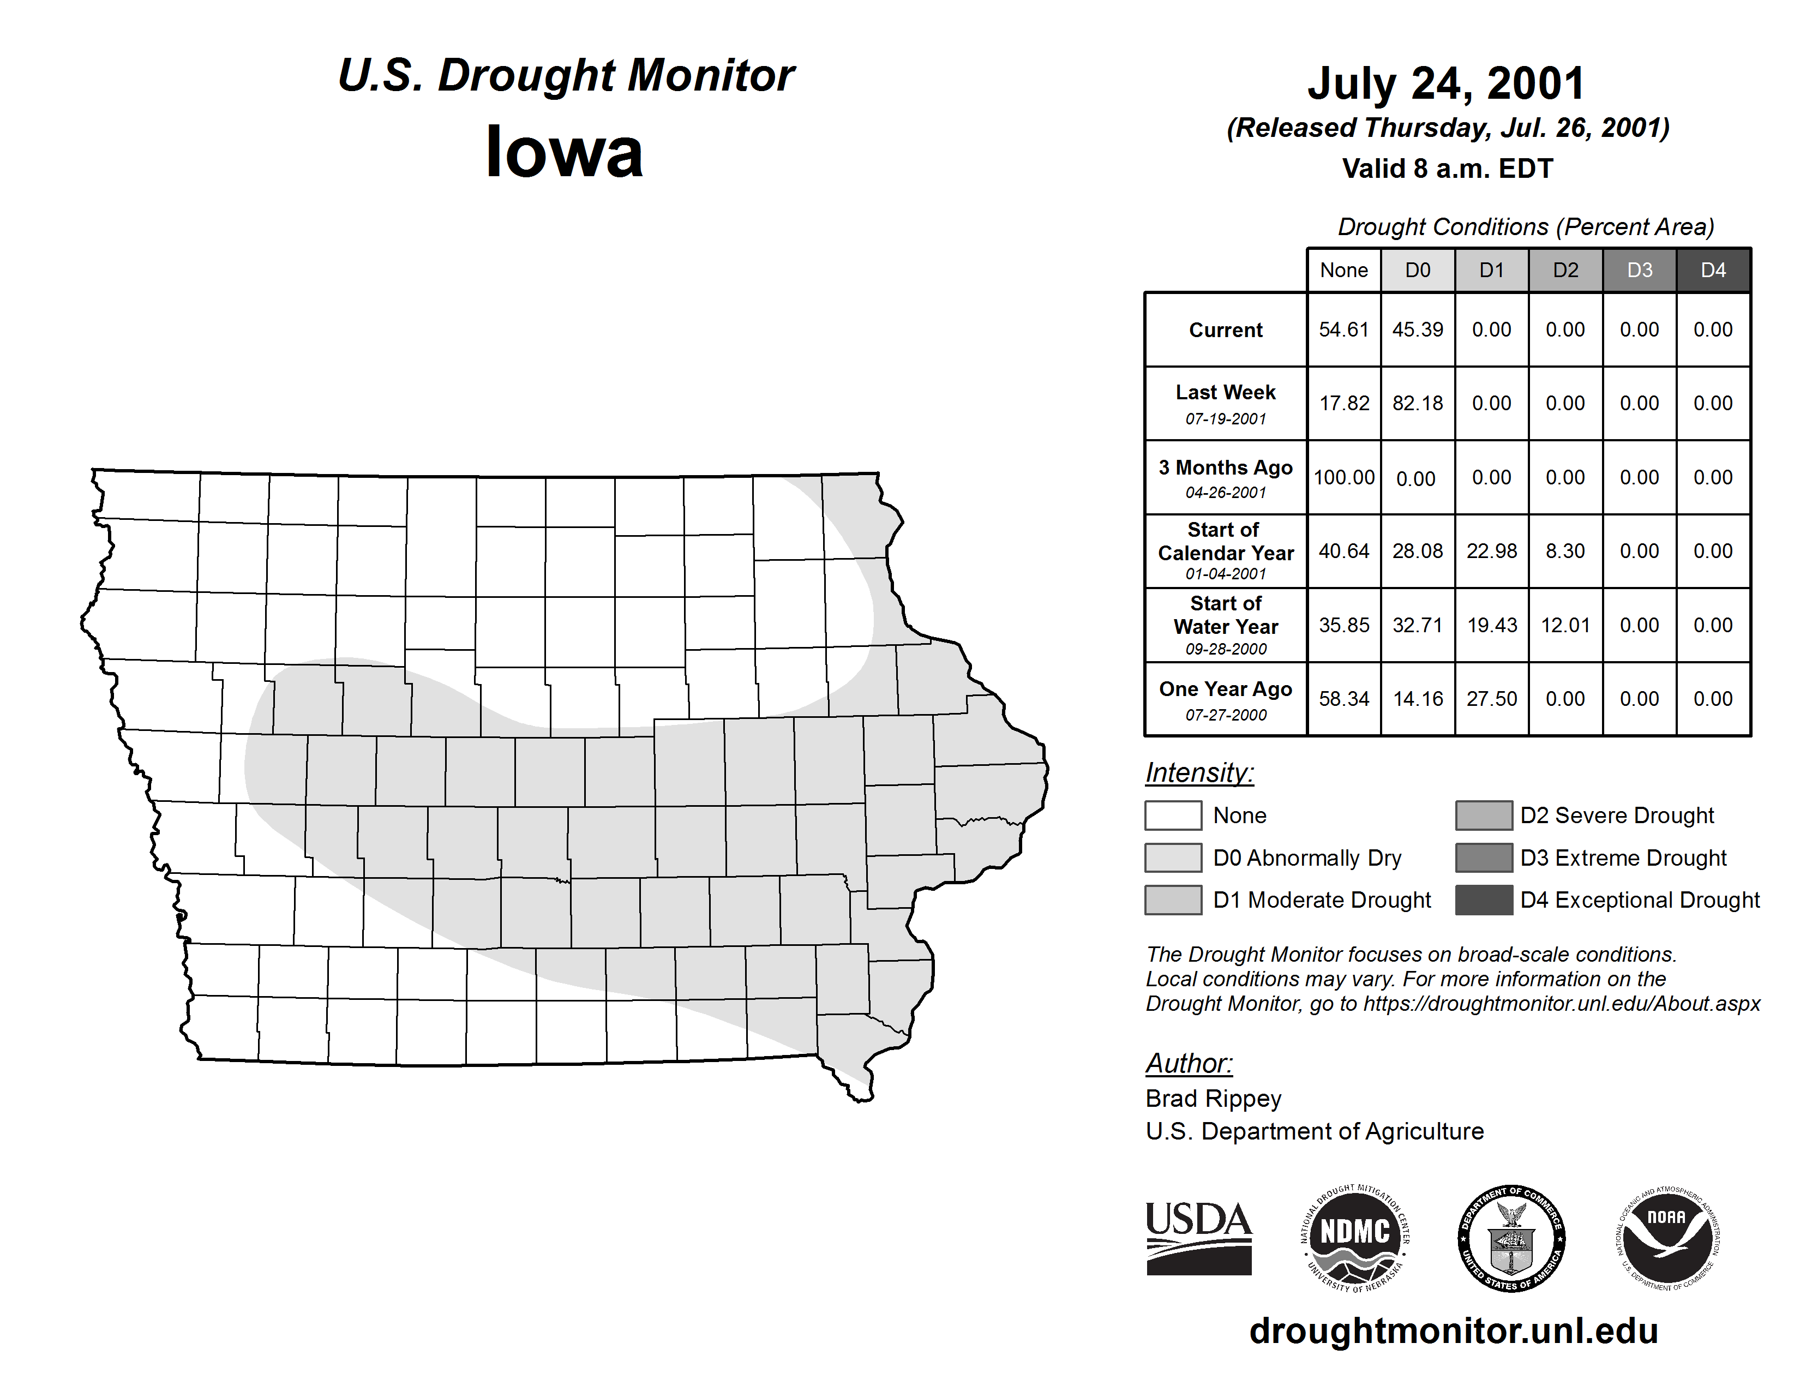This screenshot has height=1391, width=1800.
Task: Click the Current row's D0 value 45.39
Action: [x=1418, y=329]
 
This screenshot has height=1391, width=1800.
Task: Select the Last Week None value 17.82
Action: [x=1344, y=403]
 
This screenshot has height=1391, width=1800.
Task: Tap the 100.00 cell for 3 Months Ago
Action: [x=1344, y=477]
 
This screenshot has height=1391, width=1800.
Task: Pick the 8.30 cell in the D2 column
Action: [x=1565, y=550]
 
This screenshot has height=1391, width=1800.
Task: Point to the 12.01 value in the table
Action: [x=1565, y=625]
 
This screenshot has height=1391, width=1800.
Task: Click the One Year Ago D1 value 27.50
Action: [x=1492, y=699]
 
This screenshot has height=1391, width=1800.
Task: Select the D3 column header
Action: [x=1639, y=270]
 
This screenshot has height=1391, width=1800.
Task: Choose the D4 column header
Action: [x=1713, y=270]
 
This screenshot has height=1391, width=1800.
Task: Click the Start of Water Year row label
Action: [x=1226, y=625]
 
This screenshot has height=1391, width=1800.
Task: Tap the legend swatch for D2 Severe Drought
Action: [x=1484, y=815]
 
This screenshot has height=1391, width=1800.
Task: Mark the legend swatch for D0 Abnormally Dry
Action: [x=1173, y=857]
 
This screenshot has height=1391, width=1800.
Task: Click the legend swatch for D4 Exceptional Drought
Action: [x=1484, y=900]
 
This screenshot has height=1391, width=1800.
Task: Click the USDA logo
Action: [x=1198, y=1238]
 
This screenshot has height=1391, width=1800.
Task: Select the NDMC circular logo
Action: [x=1355, y=1238]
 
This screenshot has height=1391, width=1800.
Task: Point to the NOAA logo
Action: [x=1667, y=1238]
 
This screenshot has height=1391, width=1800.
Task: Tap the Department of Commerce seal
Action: [x=1511, y=1238]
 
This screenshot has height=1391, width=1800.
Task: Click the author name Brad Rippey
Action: [x=1213, y=1099]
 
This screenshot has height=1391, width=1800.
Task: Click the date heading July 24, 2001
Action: [x=1447, y=83]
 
